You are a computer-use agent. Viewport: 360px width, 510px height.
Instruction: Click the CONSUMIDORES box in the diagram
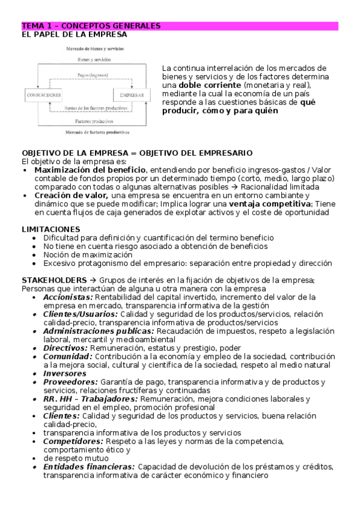coord(43,96)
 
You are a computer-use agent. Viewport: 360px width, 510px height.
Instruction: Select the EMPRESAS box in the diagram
coord(130,96)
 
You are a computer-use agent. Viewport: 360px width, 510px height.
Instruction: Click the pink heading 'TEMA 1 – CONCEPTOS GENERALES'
coord(91,26)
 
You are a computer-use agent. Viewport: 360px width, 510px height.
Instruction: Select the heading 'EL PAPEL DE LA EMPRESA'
coord(74,35)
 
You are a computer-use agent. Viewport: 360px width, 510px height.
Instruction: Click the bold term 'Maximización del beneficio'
coord(90,170)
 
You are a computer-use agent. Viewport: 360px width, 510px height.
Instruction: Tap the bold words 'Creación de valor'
coord(72,195)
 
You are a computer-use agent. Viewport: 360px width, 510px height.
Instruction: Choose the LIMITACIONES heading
coord(51,229)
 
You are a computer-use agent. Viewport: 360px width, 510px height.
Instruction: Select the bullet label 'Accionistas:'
coord(68,297)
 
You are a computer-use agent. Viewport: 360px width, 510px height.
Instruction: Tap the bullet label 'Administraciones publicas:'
coord(99,331)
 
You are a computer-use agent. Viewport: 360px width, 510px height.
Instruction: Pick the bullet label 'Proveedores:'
coord(70,381)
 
